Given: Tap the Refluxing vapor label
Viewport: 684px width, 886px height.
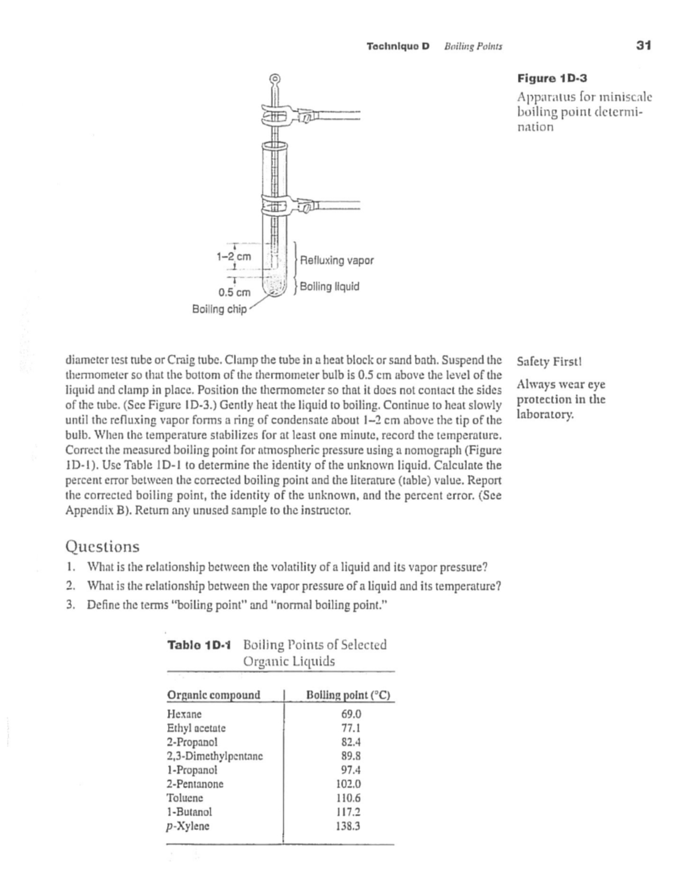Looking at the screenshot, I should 336,261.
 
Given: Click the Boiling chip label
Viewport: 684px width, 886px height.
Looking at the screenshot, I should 219,309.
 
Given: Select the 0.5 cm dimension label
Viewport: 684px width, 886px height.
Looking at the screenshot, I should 235,293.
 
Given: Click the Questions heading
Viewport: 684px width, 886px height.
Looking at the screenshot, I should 103,547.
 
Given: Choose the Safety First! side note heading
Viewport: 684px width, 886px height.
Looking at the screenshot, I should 549,362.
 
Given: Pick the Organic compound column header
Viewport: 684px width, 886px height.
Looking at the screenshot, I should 213,695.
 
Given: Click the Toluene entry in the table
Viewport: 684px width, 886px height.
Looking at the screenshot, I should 185,798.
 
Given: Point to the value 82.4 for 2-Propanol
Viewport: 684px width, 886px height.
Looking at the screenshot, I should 351,742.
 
